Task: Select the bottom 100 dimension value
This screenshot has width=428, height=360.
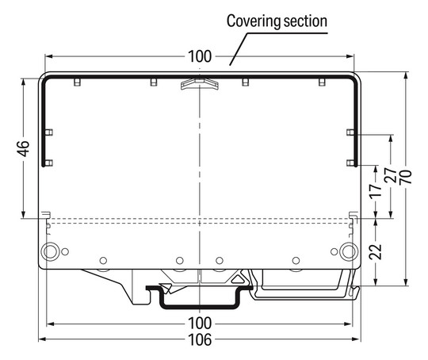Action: point(200,323)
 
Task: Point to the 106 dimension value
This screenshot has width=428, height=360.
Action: point(200,340)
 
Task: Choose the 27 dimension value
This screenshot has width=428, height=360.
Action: point(392,176)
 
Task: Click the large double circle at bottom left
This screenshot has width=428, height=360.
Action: point(50,252)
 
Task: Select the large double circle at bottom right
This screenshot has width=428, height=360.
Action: point(349,252)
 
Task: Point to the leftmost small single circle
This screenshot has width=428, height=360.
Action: point(102,261)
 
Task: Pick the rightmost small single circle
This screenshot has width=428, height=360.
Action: point(296,261)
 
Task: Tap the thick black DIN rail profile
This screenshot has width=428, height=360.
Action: point(200,302)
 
